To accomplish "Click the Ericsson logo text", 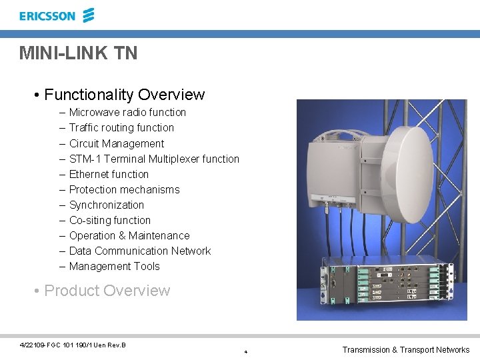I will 47,16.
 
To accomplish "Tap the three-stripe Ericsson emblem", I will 88,15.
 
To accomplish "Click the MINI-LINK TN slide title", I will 78,53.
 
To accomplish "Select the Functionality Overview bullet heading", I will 124,95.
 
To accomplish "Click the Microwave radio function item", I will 127,113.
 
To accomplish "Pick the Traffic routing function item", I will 121,128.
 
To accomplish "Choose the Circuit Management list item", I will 117,143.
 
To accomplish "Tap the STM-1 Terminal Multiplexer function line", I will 154,159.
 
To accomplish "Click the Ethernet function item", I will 109,174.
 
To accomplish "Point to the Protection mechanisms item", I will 124,189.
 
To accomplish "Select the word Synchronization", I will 107,205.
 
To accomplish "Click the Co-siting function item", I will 110,220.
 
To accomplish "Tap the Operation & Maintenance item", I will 129,235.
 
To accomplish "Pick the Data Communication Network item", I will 140,251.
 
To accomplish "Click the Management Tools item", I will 115,266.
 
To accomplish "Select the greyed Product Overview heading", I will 107,291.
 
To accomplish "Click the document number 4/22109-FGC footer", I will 73,345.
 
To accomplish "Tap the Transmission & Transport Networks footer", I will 405,349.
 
